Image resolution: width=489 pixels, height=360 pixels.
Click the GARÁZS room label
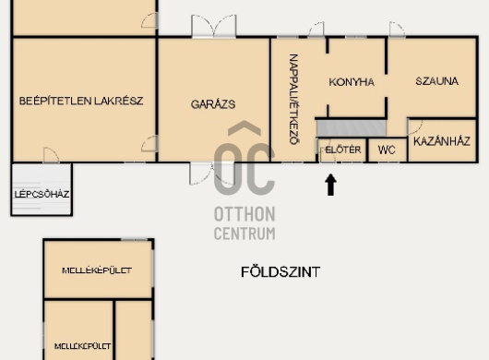(x=213, y=104)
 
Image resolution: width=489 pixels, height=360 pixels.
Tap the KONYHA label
(x=352, y=82)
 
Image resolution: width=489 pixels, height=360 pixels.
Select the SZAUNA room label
(x=437, y=81)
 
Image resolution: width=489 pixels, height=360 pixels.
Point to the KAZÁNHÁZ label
(x=442, y=141)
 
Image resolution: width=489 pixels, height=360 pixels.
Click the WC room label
(x=387, y=150)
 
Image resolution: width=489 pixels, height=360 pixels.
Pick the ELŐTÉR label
(x=343, y=150)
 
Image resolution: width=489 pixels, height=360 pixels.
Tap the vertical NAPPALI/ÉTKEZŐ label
(x=294, y=99)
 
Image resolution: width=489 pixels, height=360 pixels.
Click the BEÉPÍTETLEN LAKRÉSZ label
(x=81, y=101)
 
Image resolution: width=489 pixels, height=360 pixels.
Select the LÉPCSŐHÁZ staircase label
(x=42, y=194)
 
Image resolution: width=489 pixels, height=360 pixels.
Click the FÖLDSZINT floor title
(x=280, y=272)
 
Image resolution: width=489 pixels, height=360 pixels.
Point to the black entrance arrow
(x=330, y=185)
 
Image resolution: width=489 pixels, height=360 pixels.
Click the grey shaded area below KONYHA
(x=352, y=128)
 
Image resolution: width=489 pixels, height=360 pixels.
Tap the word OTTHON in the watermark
(x=244, y=214)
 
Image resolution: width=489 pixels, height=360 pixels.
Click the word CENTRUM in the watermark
(x=244, y=234)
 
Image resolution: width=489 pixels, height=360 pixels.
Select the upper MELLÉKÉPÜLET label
(x=97, y=270)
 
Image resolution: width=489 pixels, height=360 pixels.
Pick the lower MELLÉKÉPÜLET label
(x=82, y=346)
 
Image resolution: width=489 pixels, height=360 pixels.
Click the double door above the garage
(x=214, y=26)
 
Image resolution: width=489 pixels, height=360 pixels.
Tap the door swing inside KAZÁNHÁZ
(x=415, y=127)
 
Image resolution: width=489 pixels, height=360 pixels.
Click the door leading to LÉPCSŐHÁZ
(x=51, y=155)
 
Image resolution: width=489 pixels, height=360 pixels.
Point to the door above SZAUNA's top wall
(x=397, y=30)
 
